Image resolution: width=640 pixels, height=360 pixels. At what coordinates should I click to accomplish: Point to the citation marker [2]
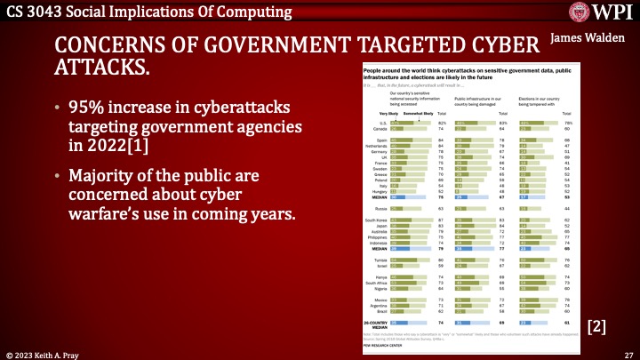pyautogui.click(x=597, y=326)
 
